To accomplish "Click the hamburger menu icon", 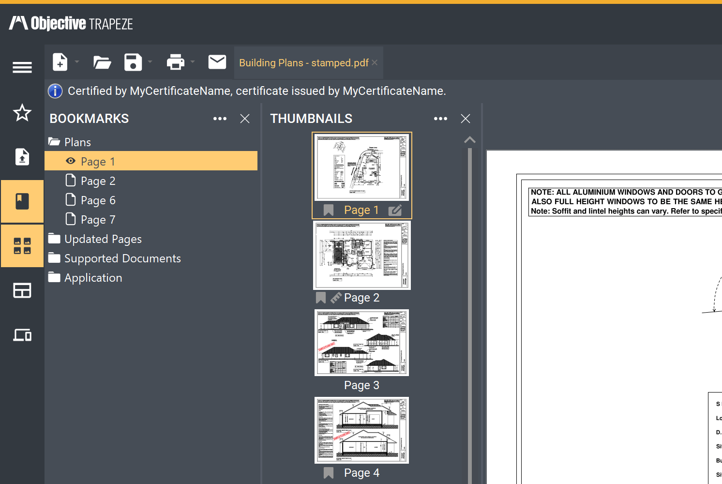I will coord(22,67).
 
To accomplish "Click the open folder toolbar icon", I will coord(102,62).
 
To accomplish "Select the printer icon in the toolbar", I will coord(175,62).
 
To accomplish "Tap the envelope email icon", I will coord(217,62).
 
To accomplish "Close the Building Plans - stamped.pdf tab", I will coord(375,62).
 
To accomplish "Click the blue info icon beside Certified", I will coord(55,91).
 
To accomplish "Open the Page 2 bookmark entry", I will coord(98,181).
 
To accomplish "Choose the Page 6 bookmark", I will coord(98,200).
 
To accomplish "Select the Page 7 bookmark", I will coord(98,220).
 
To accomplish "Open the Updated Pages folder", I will coord(103,239).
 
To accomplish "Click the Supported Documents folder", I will coord(122,258).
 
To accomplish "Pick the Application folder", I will coord(93,278).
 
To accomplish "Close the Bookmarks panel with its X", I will coord(245,119).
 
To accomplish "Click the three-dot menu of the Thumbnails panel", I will coord(440,119).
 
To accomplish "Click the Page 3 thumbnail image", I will coord(361,343).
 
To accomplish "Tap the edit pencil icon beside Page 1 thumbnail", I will coord(395,210).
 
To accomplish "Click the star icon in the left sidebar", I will coord(22,113).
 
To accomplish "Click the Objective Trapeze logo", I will coord(71,23).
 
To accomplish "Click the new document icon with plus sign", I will coord(60,62).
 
